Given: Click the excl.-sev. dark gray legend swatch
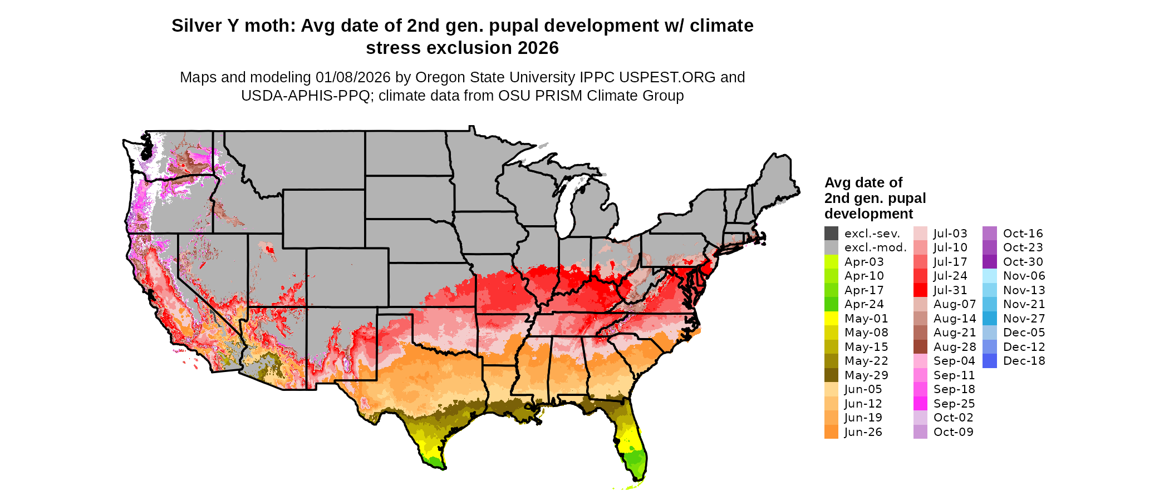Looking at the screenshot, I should pyautogui.click(x=831, y=234).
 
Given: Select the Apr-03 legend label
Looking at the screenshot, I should pyautogui.click(x=864, y=262).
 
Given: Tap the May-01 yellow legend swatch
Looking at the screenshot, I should pyautogui.click(x=831, y=319).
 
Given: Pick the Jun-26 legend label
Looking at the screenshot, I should pyautogui.click(x=863, y=432).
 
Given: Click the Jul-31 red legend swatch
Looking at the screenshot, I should pyautogui.click(x=920, y=290).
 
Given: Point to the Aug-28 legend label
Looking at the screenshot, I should pyautogui.click(x=955, y=347).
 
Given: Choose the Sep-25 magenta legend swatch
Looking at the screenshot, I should pyautogui.click(x=920, y=404).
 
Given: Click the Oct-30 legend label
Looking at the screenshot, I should pyautogui.click(x=1023, y=262).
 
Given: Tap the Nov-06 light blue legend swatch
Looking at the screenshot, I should pyautogui.click(x=990, y=276).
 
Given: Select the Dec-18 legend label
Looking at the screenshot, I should pyautogui.click(x=1024, y=361).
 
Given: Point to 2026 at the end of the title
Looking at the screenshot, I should pyautogui.click(x=538, y=48).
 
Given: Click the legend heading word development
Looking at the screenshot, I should pyautogui.click(x=868, y=214).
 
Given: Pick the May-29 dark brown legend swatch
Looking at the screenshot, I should pyautogui.click(x=831, y=375).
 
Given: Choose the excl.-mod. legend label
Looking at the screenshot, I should pyautogui.click(x=875, y=247).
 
